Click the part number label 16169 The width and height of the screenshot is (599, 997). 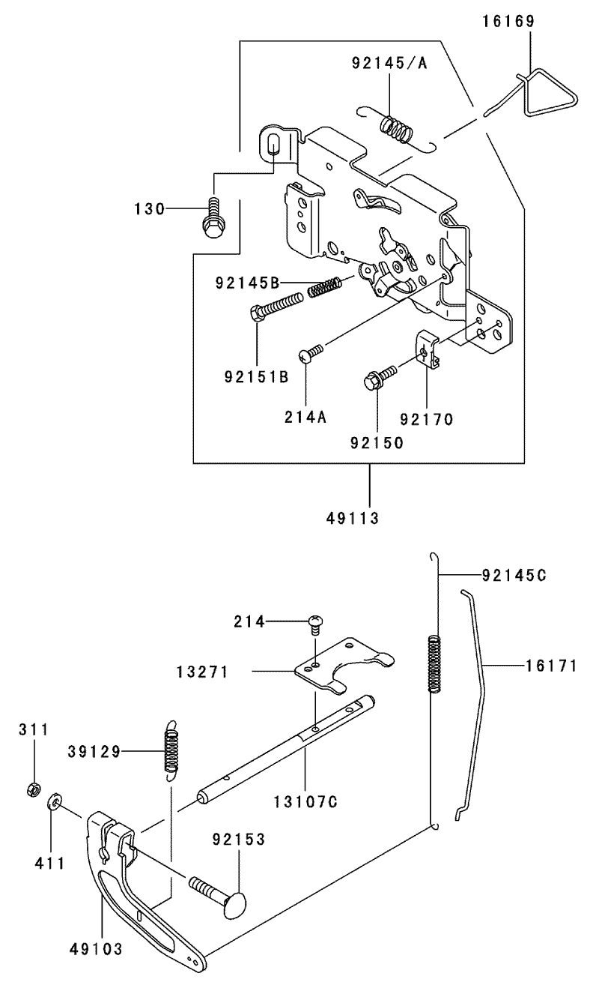[x=508, y=21]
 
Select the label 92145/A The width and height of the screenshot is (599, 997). [x=389, y=63]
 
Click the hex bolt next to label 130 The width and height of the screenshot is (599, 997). [x=213, y=219]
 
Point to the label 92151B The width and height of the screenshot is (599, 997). [x=257, y=377]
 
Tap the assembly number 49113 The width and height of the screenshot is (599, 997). [x=353, y=518]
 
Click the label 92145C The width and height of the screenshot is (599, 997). [x=514, y=576]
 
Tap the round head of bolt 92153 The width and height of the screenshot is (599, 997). [x=234, y=904]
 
